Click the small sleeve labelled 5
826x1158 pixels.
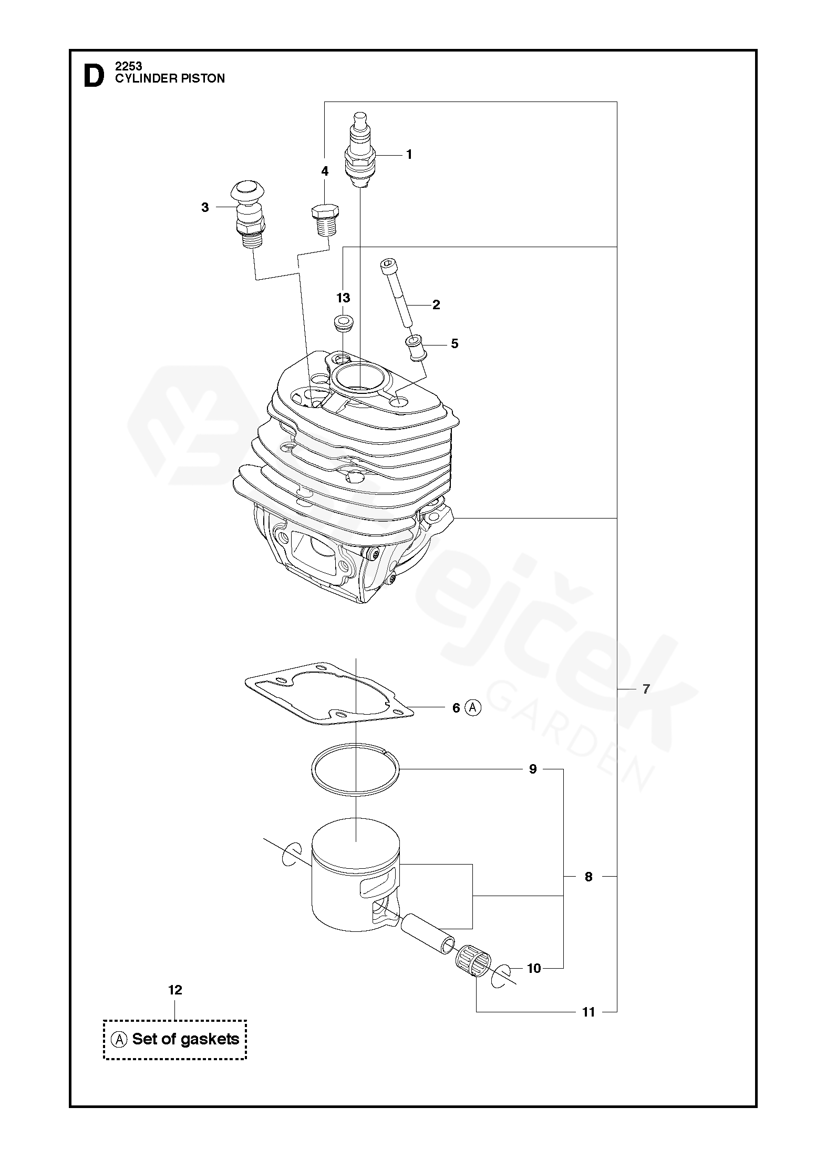coord(416,348)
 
